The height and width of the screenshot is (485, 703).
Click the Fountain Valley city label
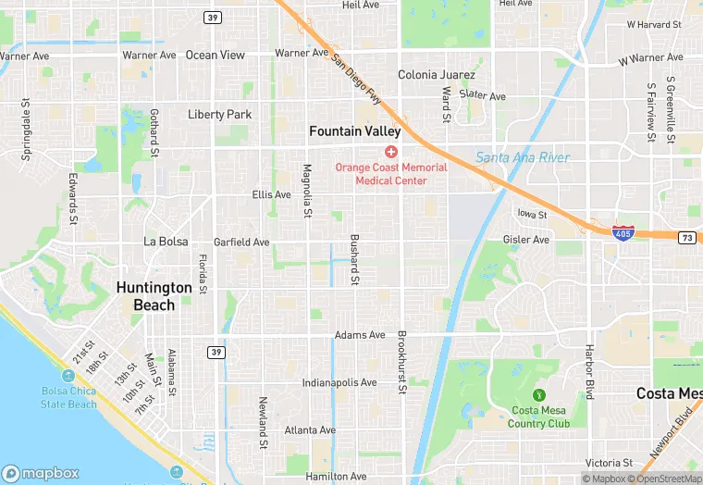click(354, 131)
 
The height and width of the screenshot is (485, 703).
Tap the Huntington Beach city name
click(154, 296)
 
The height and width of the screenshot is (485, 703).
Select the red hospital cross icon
click(391, 151)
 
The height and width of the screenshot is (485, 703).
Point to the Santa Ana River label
click(522, 158)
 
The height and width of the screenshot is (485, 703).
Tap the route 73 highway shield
click(686, 238)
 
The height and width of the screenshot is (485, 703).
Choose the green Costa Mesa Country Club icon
click(538, 393)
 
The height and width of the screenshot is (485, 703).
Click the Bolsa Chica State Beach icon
click(68, 376)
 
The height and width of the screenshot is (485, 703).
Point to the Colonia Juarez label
click(437, 75)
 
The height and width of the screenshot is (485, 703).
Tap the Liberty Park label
click(219, 115)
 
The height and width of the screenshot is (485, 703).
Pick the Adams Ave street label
click(359, 335)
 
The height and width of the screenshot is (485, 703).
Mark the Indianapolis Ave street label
click(339, 382)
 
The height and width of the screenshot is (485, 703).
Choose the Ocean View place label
click(216, 56)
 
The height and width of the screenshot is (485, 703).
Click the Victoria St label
click(609, 463)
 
